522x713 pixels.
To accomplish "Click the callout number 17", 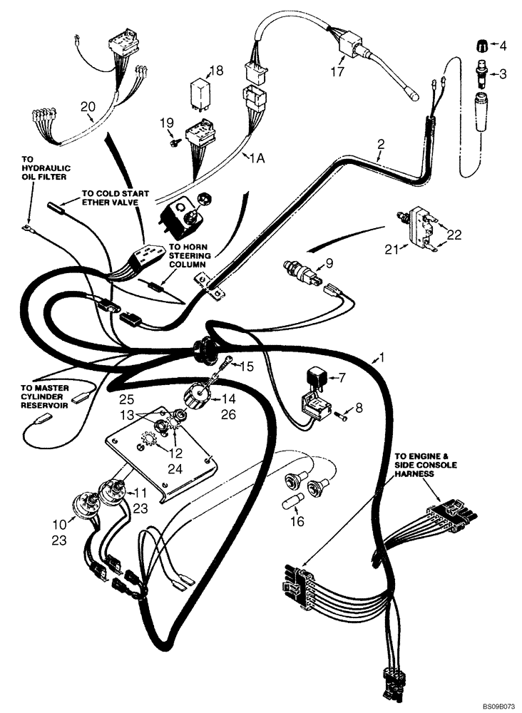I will [337, 72].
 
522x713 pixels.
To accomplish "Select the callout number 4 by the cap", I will [502, 46].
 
